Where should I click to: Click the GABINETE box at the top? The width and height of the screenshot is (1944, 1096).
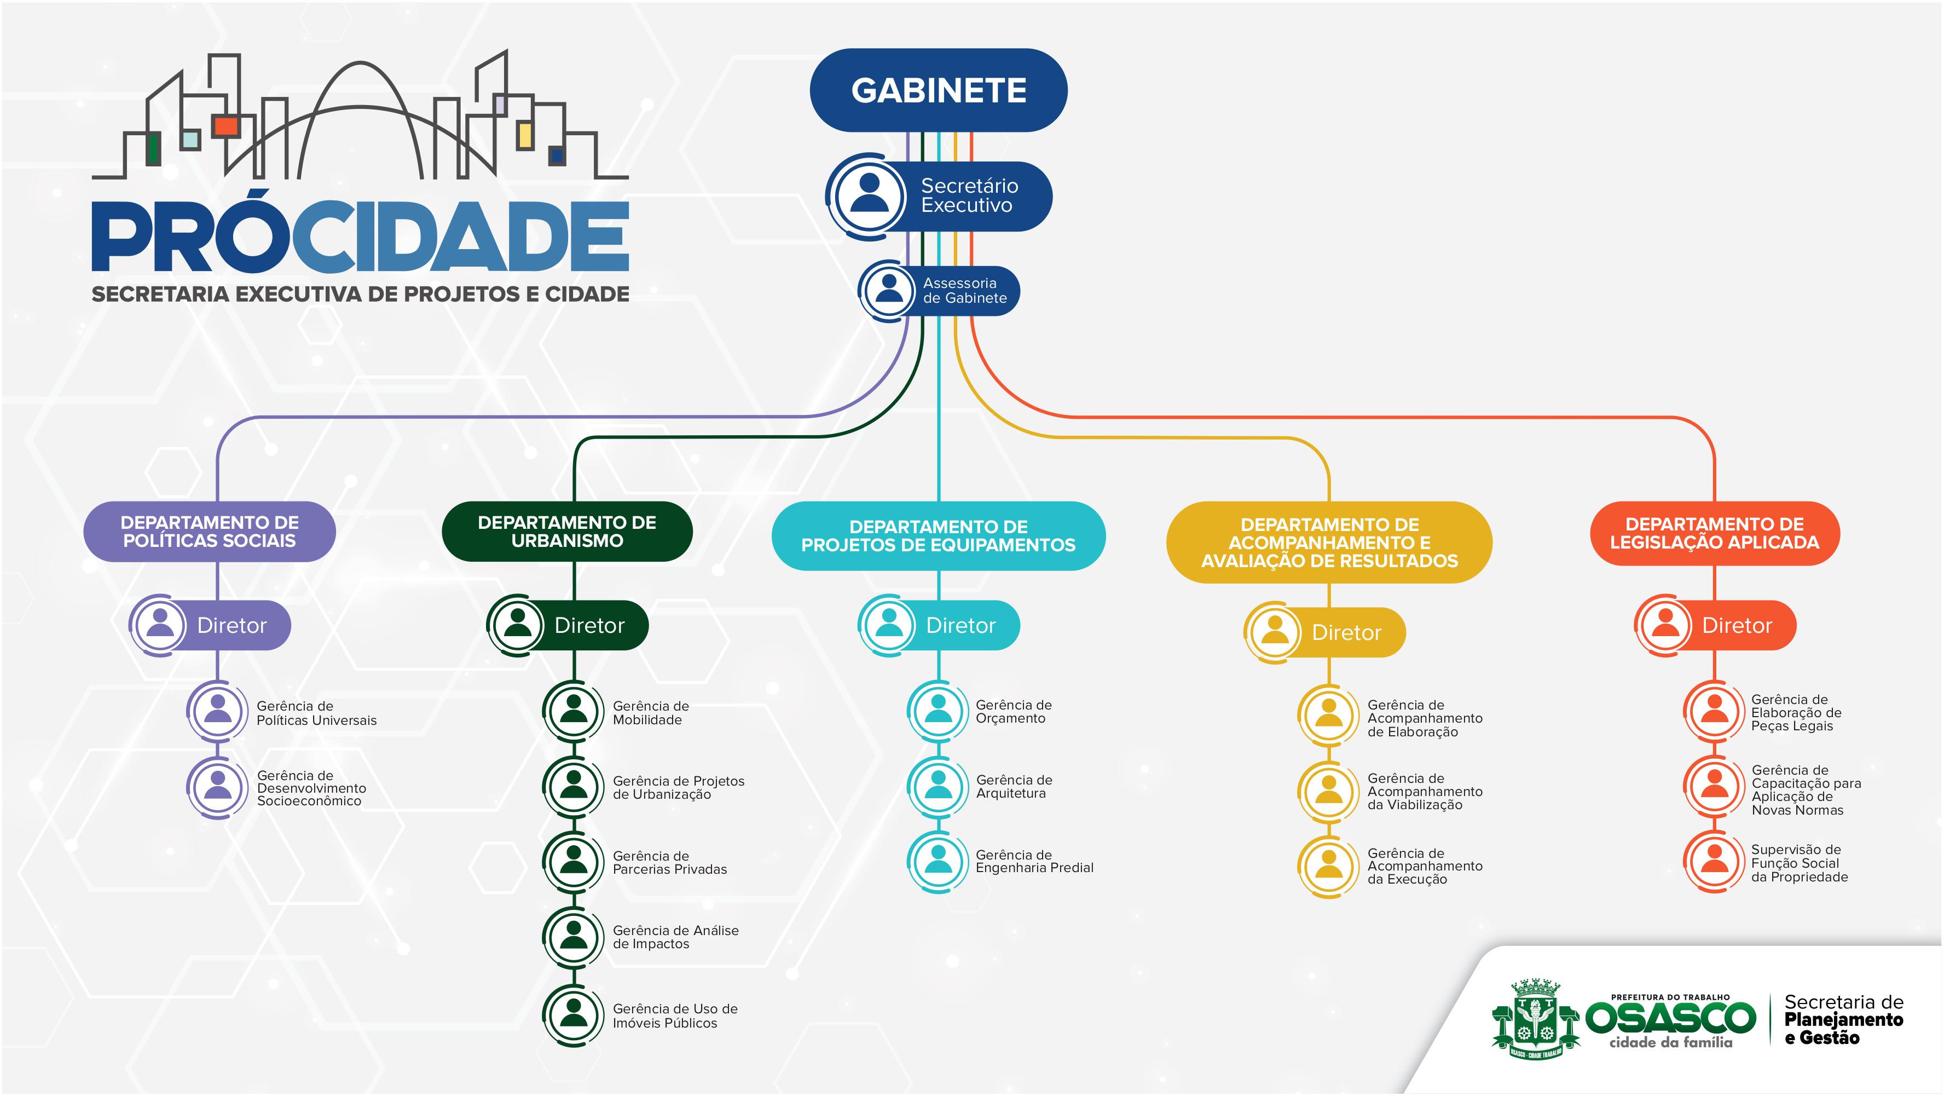click(938, 90)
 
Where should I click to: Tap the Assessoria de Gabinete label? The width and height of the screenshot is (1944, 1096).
click(964, 291)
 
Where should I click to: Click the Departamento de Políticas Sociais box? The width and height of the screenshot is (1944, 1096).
click(209, 532)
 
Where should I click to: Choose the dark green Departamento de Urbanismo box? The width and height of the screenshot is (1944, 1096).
click(567, 532)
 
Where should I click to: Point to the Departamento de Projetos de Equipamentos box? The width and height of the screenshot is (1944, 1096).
click(938, 536)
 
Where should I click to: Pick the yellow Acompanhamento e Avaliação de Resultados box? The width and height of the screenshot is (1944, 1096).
click(1329, 542)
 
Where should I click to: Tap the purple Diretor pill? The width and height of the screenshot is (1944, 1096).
click(231, 625)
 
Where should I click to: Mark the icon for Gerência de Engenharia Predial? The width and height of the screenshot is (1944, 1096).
click(938, 861)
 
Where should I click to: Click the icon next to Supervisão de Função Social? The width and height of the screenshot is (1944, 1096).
click(1715, 861)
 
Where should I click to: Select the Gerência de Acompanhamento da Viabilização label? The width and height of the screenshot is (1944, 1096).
click(1424, 791)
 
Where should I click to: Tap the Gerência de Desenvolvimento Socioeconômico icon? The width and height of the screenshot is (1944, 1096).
click(218, 787)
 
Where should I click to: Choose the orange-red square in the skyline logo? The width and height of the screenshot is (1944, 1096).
click(225, 125)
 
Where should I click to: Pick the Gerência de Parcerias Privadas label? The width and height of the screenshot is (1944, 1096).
click(669, 862)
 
